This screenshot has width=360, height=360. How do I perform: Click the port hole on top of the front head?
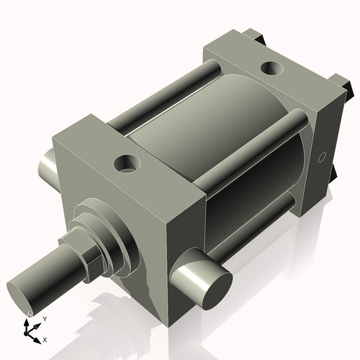coord(127,163)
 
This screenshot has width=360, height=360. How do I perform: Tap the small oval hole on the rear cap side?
coord(322,157)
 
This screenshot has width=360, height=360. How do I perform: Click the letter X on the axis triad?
coord(45,338)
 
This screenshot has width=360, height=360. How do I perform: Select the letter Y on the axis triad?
coord(44,318)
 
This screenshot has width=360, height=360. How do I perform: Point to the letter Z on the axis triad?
coord(29,315)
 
